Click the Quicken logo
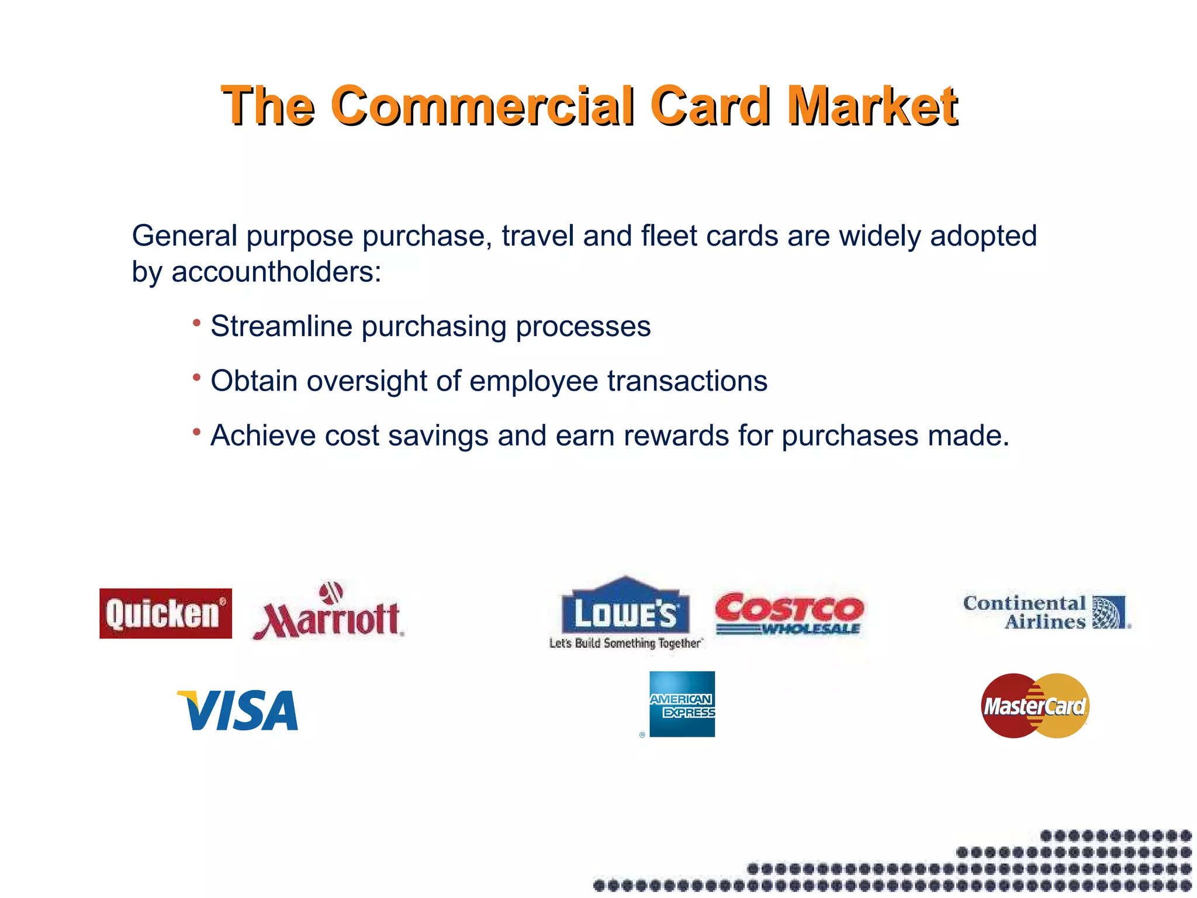tap(165, 613)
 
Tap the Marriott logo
tap(328, 612)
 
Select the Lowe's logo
tap(625, 608)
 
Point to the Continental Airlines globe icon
tap(1109, 612)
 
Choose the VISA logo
tap(238, 710)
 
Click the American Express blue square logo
tap(682, 704)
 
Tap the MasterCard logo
tap(1035, 706)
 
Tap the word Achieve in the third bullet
tap(263, 436)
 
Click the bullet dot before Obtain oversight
tap(197, 378)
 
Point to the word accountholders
tap(276, 272)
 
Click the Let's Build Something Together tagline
tap(625, 643)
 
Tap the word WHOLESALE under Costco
tap(811, 629)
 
